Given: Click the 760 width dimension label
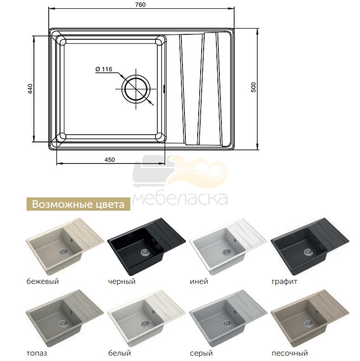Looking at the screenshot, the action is (x=141, y=4).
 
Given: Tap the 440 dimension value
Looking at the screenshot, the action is (x=30, y=89).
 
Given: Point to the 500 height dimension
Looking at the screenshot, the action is (x=253, y=87).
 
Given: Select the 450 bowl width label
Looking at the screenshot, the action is (x=110, y=160).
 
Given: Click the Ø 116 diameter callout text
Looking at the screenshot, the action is (x=104, y=69).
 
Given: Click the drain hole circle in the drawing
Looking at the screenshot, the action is (x=136, y=89).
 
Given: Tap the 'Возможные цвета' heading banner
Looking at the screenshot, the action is (x=78, y=204).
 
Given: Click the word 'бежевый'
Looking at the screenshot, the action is (x=43, y=281).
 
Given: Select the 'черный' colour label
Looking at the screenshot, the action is (x=121, y=281).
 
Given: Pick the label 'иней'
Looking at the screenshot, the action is (x=199, y=281).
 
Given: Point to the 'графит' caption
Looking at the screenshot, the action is (x=284, y=281).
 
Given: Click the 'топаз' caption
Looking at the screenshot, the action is (x=37, y=353).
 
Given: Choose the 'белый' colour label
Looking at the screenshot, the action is (x=120, y=353).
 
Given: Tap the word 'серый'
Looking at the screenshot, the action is (x=201, y=353).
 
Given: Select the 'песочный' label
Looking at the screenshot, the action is (x=290, y=353).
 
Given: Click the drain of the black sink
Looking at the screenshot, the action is (x=145, y=252).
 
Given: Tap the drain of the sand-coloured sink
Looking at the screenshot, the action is (x=308, y=324).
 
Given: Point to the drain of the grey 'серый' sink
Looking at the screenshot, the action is (x=227, y=324).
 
